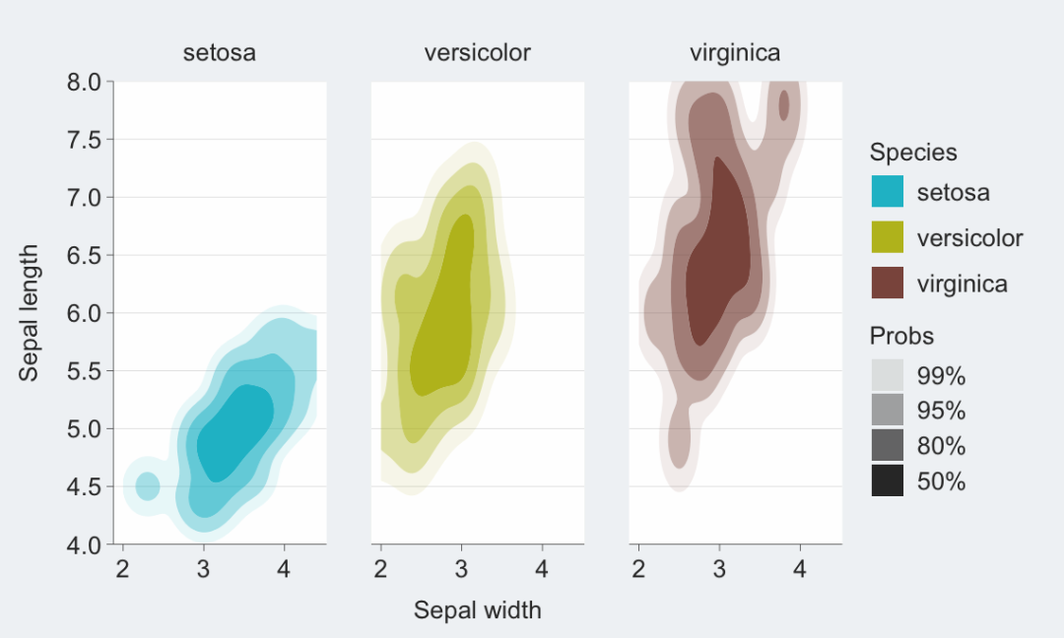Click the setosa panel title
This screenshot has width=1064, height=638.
coord(219,53)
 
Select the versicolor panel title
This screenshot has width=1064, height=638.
coord(477,53)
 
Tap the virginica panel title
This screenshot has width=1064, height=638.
coord(735,53)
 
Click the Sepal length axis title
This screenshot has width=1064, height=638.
coord(31,312)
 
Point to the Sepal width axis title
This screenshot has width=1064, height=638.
coord(477,610)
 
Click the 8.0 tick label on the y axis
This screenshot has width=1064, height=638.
coord(84,83)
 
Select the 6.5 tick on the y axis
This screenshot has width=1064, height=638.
coord(84,255)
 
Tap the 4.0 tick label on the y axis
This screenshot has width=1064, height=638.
coord(84,543)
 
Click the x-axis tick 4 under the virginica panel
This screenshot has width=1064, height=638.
coord(800,569)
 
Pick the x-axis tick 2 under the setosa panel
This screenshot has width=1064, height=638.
coord(123,569)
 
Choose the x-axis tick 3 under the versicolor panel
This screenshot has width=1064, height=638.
coord(461,569)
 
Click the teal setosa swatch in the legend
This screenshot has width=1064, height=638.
coord(887,192)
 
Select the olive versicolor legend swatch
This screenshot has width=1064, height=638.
coord(887,238)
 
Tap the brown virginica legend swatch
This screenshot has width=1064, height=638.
coord(887,284)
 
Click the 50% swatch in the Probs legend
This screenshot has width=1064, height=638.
coord(887,481)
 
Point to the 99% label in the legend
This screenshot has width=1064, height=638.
coord(941,376)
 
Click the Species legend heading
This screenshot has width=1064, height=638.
coord(913,153)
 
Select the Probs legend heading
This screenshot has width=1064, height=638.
coord(901,337)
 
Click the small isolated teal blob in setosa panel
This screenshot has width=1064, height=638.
coord(148,485)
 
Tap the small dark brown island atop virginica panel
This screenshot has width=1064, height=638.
coord(784,104)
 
